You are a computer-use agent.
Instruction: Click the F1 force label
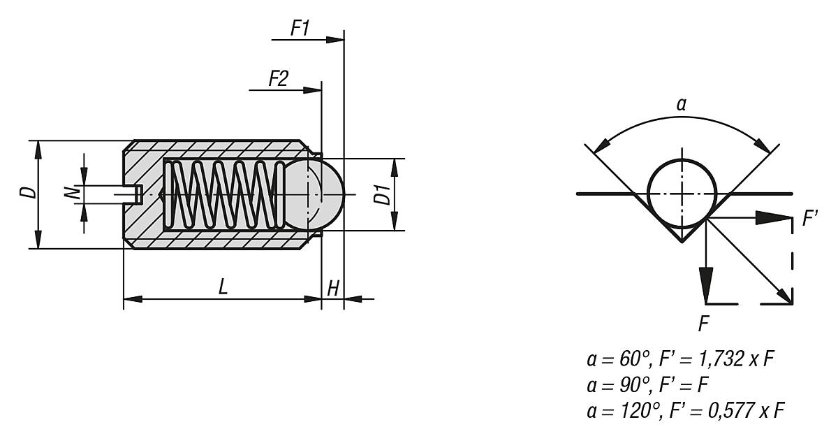coord(300,29)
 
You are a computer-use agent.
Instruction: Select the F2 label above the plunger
coord(278,79)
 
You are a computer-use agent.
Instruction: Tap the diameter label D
coord(25,192)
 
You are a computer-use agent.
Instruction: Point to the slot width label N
coord(72,192)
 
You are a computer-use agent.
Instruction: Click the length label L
coord(222,287)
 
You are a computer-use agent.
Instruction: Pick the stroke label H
coord(332,287)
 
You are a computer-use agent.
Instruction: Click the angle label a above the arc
coord(681,106)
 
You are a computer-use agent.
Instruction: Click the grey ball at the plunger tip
coord(318,193)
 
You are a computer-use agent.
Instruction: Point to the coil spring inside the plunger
coord(223,193)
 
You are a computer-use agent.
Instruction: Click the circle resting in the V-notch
coord(682,192)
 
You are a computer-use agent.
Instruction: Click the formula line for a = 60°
coord(682,361)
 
